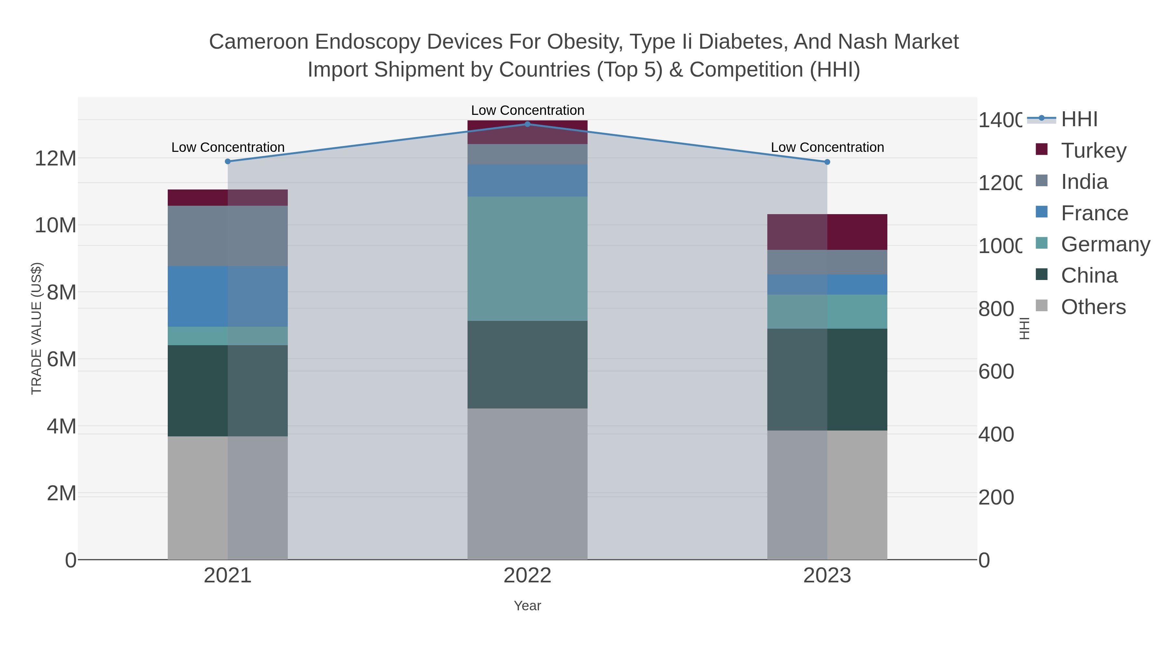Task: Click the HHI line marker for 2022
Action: (527, 124)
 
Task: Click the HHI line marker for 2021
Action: (228, 162)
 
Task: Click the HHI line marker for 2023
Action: (827, 162)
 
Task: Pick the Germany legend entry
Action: (1105, 244)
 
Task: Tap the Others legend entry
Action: (1093, 307)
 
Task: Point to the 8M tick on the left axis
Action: (61, 292)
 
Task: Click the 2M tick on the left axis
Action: (61, 493)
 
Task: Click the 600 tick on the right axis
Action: (996, 371)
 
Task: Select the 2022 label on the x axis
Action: (527, 575)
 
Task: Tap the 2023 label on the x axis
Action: (827, 575)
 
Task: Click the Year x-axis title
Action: (527, 605)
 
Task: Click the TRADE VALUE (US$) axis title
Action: (36, 328)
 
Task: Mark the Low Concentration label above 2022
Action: (527, 110)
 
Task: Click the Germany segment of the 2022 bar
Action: (527, 259)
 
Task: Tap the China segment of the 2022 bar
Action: (527, 365)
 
